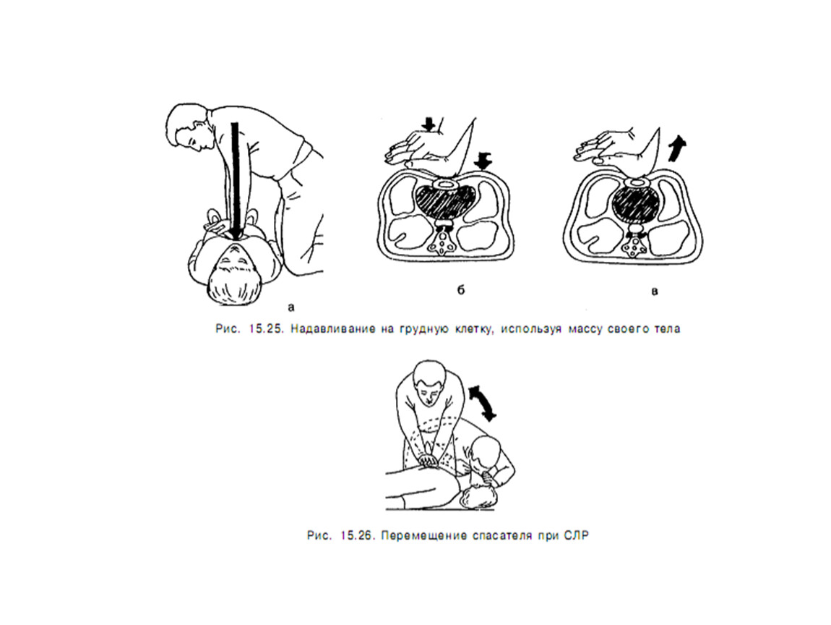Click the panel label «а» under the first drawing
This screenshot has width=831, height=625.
[291, 307]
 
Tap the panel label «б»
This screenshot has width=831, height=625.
[460, 289]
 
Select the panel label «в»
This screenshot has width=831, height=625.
[655, 292]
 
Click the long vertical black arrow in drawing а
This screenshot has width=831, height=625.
[236, 180]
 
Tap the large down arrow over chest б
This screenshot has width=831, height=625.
[483, 161]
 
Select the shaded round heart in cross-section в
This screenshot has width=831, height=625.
[637, 204]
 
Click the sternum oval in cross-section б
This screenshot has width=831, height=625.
[444, 184]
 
